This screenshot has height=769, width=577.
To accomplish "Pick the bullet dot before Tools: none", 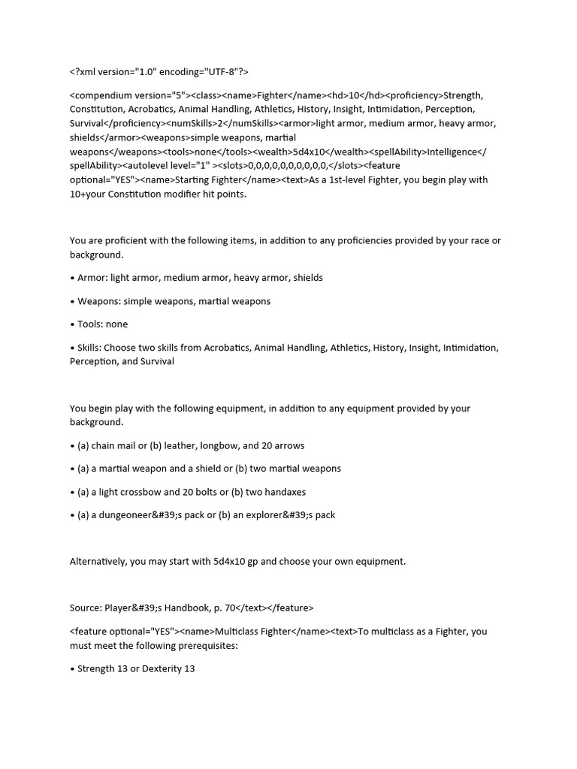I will click(x=72, y=324).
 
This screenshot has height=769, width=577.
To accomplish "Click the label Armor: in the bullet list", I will click(x=92, y=278).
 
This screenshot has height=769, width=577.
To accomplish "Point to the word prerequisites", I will click(x=200, y=645).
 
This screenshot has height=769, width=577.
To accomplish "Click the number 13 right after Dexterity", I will click(x=189, y=668).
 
